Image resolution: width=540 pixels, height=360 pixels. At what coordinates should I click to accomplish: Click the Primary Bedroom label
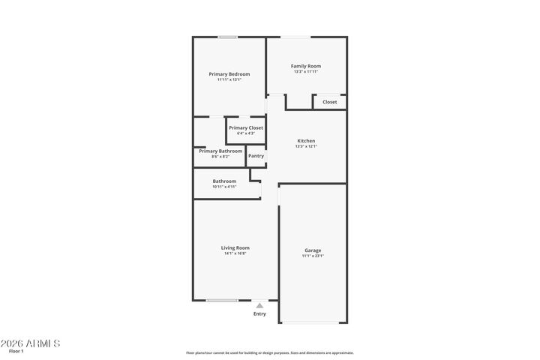[229, 74]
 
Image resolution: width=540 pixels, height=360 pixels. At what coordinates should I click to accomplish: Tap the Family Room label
[306, 66]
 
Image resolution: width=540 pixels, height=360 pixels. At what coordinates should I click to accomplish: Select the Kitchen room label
[306, 141]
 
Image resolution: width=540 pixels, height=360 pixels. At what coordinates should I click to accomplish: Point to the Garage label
[313, 250]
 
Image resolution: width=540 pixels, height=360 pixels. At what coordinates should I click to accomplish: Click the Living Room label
[235, 247]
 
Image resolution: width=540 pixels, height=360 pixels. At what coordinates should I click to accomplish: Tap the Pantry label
[256, 156]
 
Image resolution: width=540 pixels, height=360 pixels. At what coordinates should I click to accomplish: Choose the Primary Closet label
[246, 128]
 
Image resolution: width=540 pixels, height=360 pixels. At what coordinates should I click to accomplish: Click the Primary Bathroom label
[220, 151]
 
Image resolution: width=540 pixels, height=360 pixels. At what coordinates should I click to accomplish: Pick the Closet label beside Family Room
[330, 102]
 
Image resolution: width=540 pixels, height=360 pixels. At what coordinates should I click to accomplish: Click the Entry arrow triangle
[259, 305]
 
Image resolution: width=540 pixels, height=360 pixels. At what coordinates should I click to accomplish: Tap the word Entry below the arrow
[259, 314]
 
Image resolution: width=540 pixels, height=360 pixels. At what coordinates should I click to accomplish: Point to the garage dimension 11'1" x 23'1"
[313, 256]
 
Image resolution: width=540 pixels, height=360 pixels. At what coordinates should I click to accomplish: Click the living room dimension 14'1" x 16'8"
[235, 253]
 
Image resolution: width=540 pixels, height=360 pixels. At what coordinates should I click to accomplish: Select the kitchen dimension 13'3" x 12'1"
[306, 146]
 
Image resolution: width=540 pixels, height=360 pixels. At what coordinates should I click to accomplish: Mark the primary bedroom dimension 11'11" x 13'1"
[229, 79]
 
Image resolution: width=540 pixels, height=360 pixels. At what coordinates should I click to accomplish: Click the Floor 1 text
[16, 352]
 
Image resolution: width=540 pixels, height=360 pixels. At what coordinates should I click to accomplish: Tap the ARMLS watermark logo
[30, 343]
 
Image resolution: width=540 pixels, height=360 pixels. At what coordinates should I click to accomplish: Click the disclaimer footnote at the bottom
[270, 352]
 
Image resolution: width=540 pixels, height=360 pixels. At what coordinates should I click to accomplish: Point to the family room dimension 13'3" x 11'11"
[306, 71]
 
